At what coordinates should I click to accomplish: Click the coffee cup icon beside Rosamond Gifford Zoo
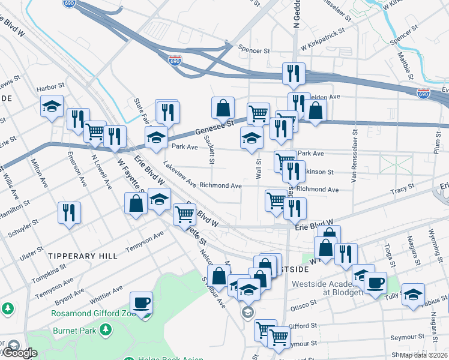pos(142,302)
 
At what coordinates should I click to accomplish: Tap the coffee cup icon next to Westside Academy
pos(376,283)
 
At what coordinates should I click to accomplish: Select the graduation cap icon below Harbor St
pos(52,107)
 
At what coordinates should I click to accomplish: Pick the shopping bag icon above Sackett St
pos(223,108)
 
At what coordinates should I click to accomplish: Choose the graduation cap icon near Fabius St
pos(413,294)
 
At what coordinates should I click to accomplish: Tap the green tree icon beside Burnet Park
pos(106,329)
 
